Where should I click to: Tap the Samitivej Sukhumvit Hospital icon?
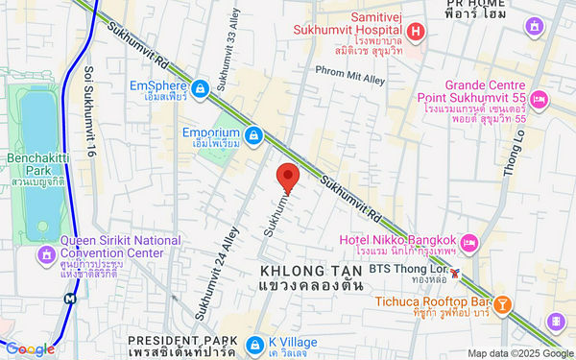416,33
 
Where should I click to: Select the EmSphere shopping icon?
199,89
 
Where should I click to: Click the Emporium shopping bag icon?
253,135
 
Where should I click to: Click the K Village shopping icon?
253,345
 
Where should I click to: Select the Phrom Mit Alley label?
352,69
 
